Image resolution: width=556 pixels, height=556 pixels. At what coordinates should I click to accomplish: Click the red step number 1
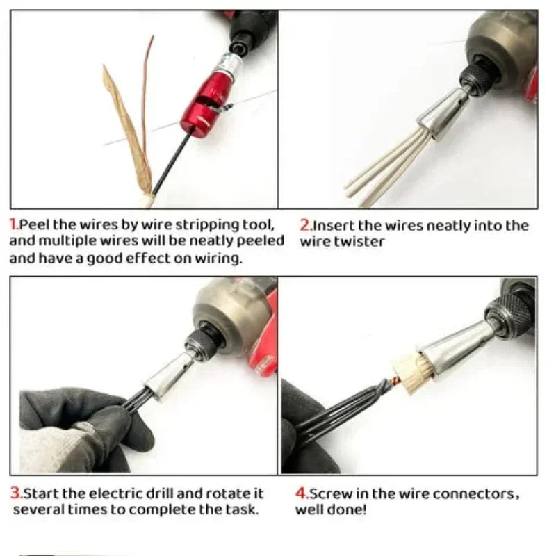[13, 225]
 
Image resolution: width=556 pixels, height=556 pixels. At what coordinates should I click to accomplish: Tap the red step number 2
[304, 225]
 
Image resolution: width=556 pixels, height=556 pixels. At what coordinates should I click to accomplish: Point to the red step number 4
[301, 493]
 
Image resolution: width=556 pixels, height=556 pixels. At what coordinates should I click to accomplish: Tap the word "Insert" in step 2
[334, 225]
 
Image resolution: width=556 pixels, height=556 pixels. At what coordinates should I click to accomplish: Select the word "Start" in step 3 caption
[40, 493]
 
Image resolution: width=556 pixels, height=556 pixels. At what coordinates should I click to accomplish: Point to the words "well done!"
[331, 510]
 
